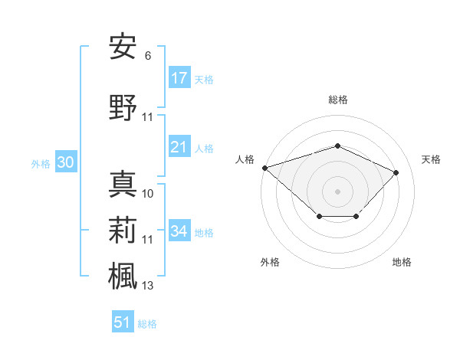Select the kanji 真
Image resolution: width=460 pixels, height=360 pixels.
tap(123, 185)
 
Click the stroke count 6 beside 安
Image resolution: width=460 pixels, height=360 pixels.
tap(147, 56)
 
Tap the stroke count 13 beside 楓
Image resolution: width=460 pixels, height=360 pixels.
tap(148, 286)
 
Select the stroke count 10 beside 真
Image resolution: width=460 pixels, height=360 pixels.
tap(148, 194)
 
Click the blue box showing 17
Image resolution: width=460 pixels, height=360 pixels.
tap(179, 78)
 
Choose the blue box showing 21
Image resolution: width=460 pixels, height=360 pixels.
tap(179, 147)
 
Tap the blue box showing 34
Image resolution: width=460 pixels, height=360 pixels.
tap(179, 231)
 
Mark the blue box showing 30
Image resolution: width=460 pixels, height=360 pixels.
tap(65, 162)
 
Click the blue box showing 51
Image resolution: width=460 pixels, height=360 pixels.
tap(123, 322)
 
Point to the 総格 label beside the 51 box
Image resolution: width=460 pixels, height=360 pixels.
tap(147, 324)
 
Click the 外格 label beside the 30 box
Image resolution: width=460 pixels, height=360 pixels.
tap(41, 163)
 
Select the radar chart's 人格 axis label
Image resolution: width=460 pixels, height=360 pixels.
tap(245, 159)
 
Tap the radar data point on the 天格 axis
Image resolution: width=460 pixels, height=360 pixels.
tap(396, 172)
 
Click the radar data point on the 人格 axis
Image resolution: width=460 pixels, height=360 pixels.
tap(264, 167)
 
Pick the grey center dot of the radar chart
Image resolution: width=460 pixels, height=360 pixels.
tap(337, 191)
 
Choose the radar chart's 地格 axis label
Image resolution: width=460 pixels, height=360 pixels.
tap(402, 262)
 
